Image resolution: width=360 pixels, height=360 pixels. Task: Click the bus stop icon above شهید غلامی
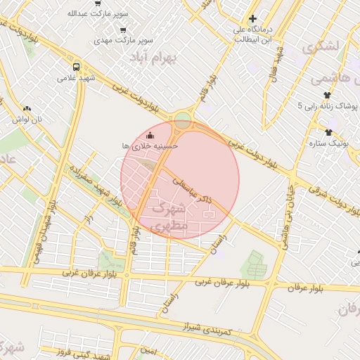76,67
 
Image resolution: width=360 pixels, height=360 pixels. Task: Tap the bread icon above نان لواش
27,109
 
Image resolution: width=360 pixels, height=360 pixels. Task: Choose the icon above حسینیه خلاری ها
149,134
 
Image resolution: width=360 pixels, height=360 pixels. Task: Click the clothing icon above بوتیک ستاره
328,132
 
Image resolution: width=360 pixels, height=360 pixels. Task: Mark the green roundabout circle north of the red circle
184,120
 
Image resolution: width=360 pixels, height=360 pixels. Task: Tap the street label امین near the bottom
148,349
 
